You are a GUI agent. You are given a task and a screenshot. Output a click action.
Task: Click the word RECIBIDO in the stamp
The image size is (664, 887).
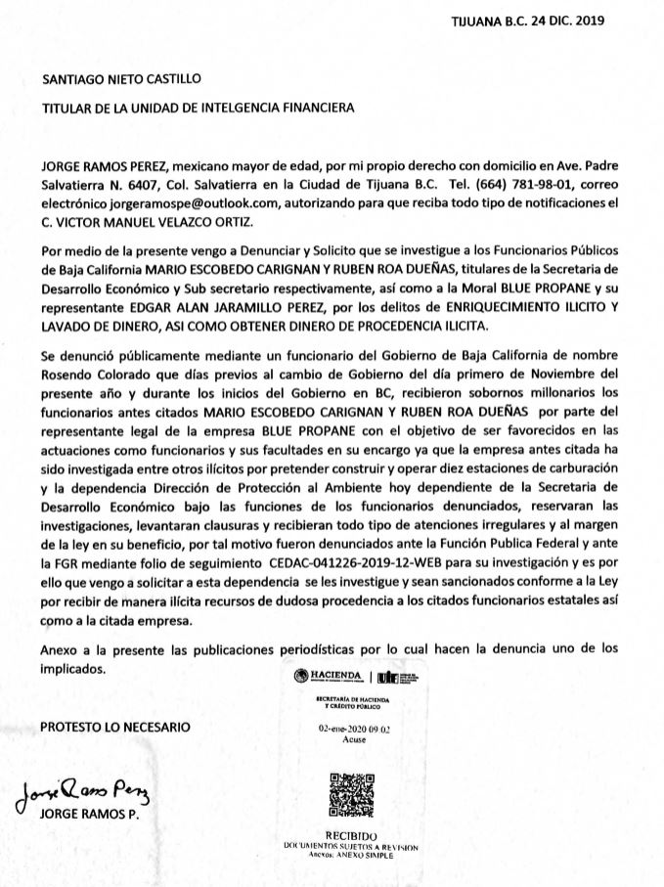coord(351,834)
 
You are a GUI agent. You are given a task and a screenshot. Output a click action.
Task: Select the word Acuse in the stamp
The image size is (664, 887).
coord(351,740)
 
